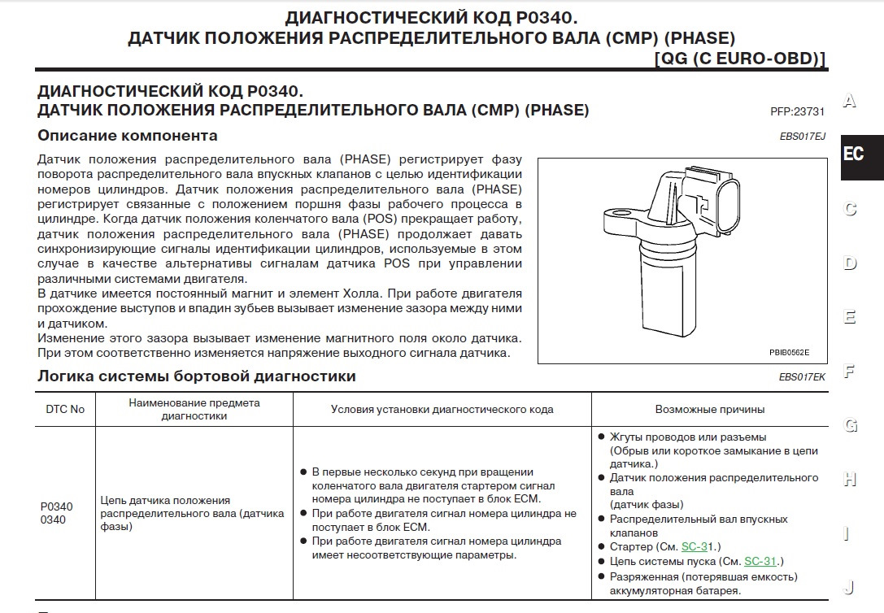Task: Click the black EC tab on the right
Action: [855, 154]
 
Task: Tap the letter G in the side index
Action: [850, 425]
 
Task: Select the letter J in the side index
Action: [850, 587]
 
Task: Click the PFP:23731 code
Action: [797, 111]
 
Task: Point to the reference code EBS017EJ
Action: [802, 137]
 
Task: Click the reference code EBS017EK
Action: [802, 377]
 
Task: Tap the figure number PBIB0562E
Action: [789, 352]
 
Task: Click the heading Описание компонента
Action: [128, 136]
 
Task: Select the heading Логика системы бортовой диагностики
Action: [197, 376]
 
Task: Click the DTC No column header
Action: [65, 409]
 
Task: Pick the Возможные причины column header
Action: [710, 409]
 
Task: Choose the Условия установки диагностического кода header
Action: [442, 409]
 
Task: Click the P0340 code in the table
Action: [56, 506]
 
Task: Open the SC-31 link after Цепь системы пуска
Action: [761, 561]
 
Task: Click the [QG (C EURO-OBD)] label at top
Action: [739, 59]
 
